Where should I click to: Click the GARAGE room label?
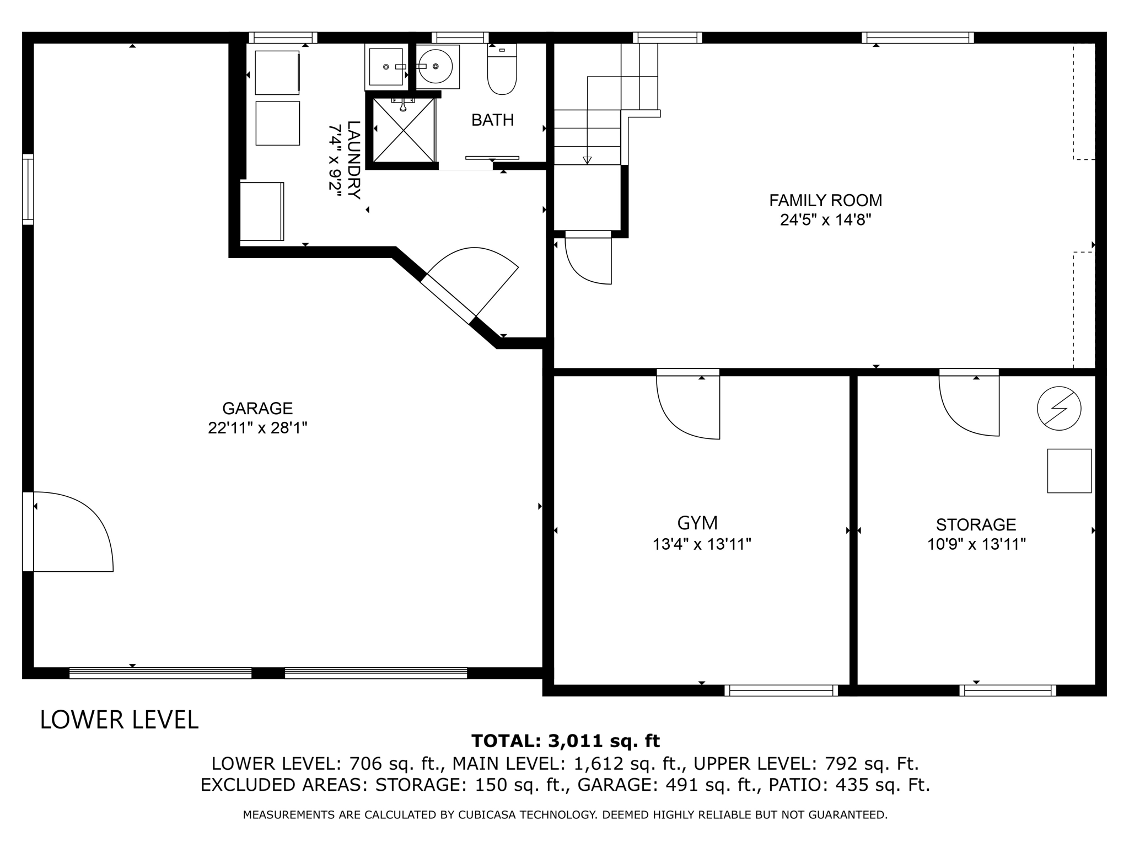click(257, 408)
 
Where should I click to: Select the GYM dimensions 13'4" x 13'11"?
click(702, 544)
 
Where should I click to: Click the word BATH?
click(492, 120)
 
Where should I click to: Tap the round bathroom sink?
click(436, 66)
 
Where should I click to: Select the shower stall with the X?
click(404, 130)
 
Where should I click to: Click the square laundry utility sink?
click(386, 66)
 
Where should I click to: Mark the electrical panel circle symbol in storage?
click(1058, 409)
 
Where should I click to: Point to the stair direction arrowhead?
click(587, 160)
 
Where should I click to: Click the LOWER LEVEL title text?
click(119, 720)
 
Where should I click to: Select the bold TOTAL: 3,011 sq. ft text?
click(566, 741)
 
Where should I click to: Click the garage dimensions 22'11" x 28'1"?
click(257, 428)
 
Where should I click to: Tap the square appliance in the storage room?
click(1069, 471)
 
